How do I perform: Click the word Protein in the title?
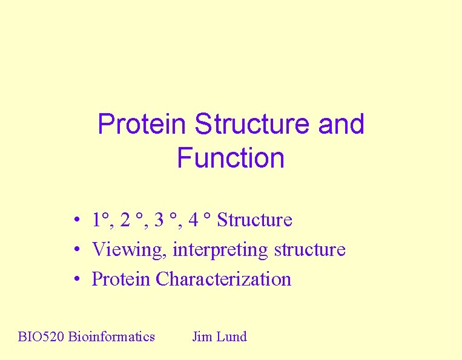pyautogui.click(x=142, y=124)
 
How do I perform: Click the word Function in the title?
pyautogui.click(x=231, y=158)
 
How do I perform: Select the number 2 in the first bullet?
pyautogui.click(x=125, y=220)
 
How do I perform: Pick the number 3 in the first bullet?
pyautogui.click(x=159, y=220)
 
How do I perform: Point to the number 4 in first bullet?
pyautogui.click(x=193, y=220)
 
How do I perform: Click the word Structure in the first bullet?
pyautogui.click(x=254, y=220)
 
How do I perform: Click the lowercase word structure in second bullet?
pyautogui.click(x=309, y=249)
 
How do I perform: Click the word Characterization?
pyautogui.click(x=223, y=279)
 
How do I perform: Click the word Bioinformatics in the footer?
pyautogui.click(x=111, y=336)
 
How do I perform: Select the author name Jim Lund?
pyautogui.click(x=219, y=336)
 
